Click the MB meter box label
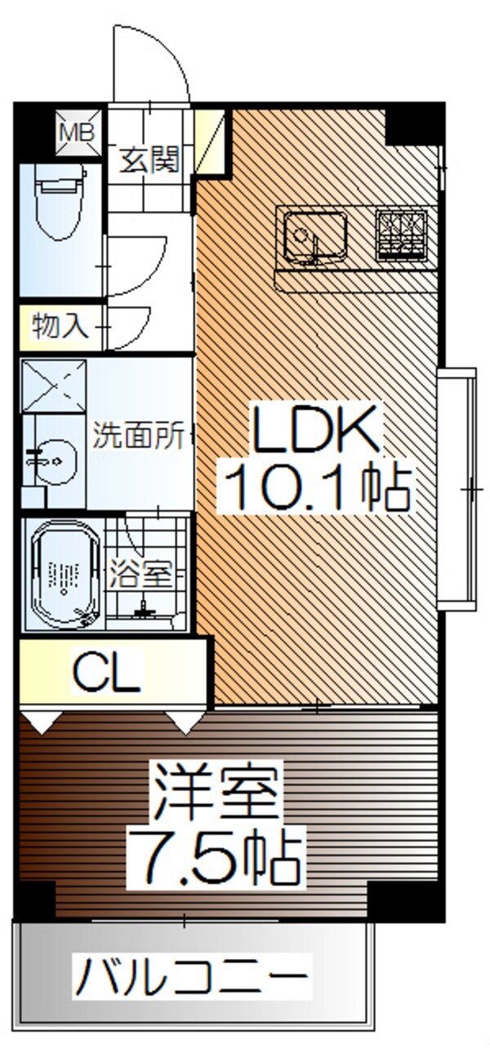coord(77,133)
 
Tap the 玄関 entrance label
coord(150,159)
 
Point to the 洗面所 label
coord(138,435)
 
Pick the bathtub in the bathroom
coord(65,575)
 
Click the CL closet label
coord(107,674)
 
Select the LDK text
coord(315,428)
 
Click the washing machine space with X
coord(54,386)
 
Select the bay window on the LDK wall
coord(457,489)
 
